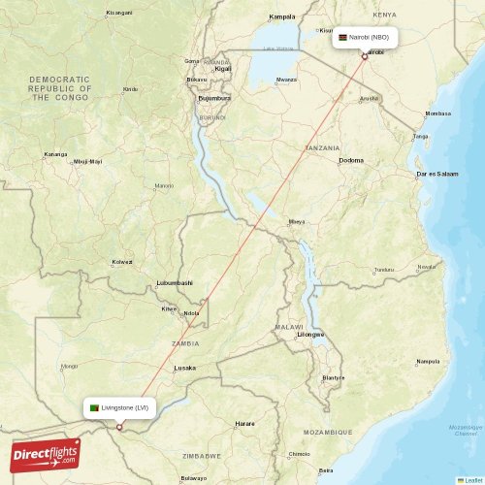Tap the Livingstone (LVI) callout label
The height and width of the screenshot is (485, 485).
coord(120,408)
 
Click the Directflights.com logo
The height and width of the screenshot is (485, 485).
coord(46,454)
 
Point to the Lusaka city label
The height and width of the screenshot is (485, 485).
coord(184,369)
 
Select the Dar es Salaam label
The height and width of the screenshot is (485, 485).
coord(436,174)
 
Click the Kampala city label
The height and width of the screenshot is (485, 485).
coord(282,16)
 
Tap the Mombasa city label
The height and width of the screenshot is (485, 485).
coord(436,113)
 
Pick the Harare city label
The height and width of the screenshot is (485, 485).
coord(245,424)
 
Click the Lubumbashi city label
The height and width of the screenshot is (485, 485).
coord(175,283)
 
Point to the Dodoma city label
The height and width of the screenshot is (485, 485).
coord(351,160)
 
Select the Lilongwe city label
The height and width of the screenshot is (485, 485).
coord(311,334)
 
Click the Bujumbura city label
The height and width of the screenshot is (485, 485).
coord(213,98)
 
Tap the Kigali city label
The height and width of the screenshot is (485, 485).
coord(223,70)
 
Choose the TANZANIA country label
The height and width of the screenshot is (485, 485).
coord(322,147)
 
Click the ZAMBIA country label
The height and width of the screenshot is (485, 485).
coord(185,343)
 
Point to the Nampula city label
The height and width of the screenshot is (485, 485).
coord(427,362)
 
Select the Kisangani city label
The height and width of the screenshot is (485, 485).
coord(119,13)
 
